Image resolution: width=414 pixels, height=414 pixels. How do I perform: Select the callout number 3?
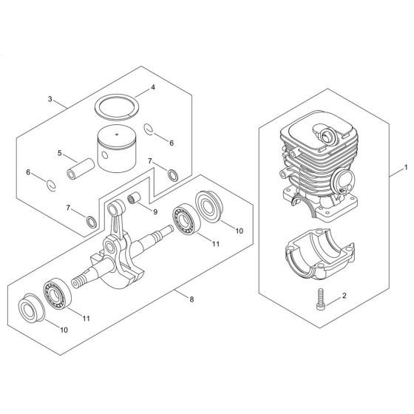point(50,99)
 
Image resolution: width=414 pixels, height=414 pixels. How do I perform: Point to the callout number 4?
point(152,87)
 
